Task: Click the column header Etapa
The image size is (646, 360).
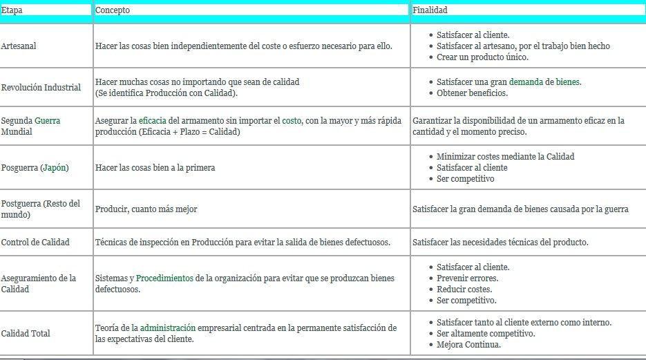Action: tap(12, 10)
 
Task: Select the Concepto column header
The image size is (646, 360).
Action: tap(112, 10)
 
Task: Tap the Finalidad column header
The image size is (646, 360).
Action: tap(430, 10)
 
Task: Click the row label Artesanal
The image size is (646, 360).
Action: tap(19, 46)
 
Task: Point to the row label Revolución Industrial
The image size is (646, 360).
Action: tap(41, 88)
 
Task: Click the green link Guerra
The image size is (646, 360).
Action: tap(48, 120)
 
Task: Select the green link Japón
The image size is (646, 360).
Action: tap(55, 168)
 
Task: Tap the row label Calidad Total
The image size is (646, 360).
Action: tap(26, 334)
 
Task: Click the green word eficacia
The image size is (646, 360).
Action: tap(152, 120)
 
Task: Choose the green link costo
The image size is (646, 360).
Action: tap(292, 120)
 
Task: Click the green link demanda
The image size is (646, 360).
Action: tap(526, 82)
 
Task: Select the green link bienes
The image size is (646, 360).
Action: tap(568, 82)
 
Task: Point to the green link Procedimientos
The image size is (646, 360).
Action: tap(164, 278)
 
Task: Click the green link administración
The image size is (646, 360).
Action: tap(168, 328)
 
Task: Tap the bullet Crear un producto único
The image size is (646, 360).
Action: tap(482, 57)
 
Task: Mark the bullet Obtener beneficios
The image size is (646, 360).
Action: tap(472, 93)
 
